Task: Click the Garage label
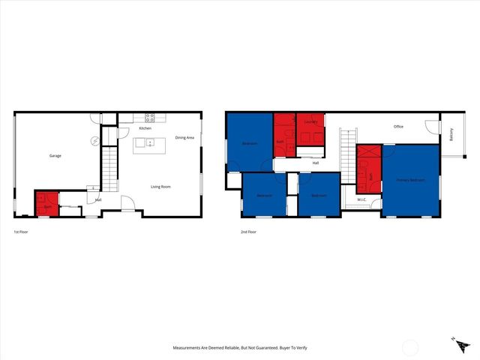(55, 156)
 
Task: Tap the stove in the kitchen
(149, 118)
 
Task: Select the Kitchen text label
(145, 128)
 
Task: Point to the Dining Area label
(184, 137)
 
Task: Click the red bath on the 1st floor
(46, 205)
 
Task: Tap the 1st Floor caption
(22, 232)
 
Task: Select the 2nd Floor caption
(249, 232)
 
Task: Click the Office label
(399, 127)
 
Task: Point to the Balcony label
(451, 135)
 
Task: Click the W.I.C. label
(361, 199)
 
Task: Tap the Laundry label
(311, 121)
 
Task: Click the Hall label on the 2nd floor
(316, 163)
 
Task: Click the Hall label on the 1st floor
(98, 199)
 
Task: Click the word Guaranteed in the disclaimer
(265, 349)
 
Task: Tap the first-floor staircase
(110, 169)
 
